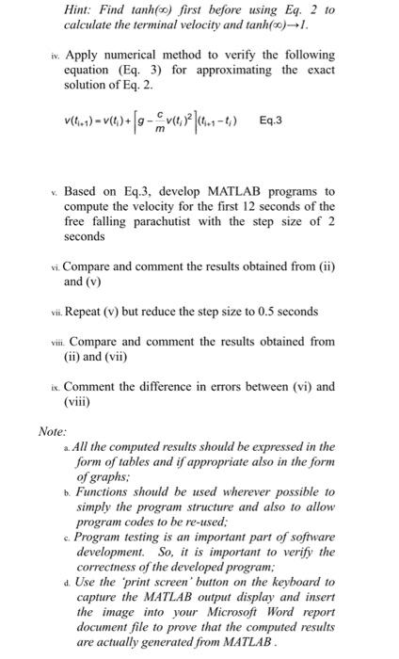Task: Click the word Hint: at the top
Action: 80,9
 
